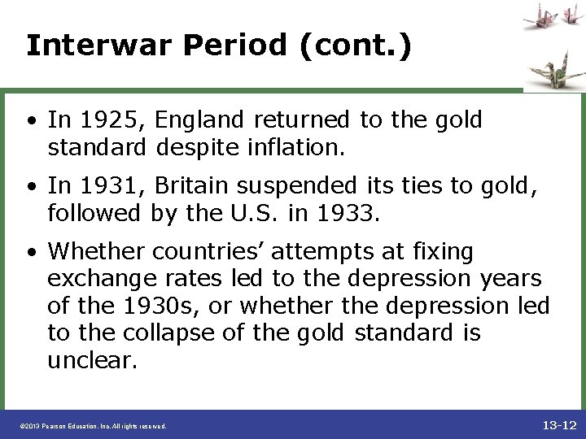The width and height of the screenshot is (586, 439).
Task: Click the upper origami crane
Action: (x=538, y=15)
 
